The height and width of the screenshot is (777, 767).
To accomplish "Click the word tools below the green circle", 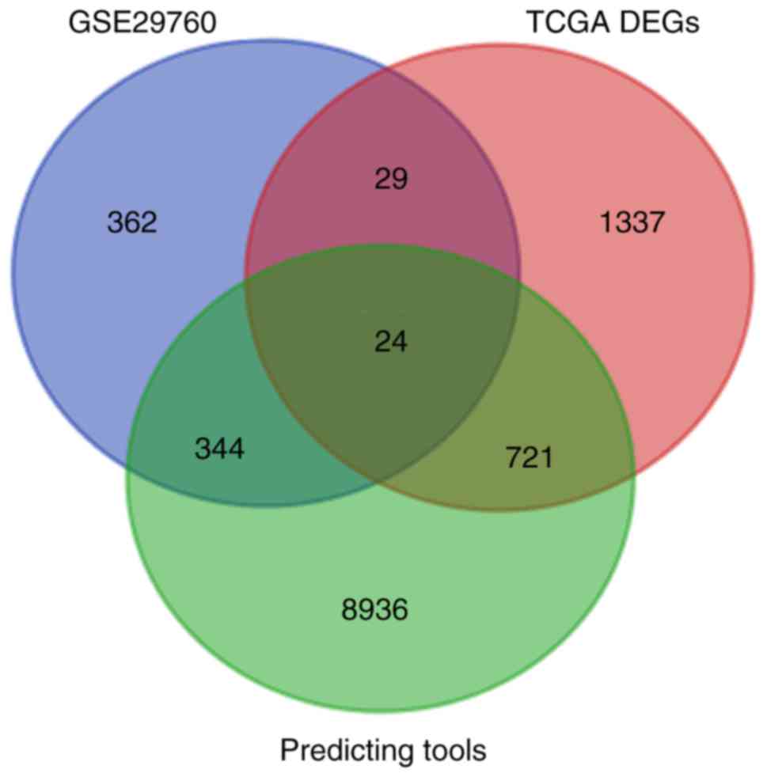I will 452,749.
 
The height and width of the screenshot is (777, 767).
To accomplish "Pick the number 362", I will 132,223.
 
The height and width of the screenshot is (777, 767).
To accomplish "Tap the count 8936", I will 375,610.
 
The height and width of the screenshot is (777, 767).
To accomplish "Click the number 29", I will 390,180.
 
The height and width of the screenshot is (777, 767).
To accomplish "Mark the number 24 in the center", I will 390,341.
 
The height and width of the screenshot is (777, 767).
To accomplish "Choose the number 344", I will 219,451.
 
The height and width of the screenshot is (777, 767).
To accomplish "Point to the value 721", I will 528,457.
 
